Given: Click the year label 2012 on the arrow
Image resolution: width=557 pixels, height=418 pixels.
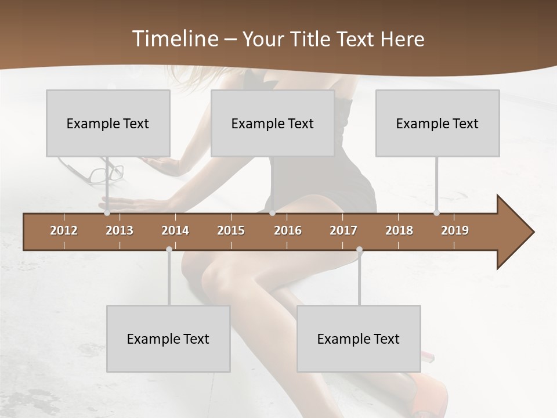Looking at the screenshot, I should click(64, 230).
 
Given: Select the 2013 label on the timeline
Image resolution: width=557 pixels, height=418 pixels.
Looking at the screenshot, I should click(120, 230).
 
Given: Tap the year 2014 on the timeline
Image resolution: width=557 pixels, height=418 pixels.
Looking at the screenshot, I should click(175, 230).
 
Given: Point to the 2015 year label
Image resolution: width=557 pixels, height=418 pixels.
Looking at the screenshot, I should click(231, 230).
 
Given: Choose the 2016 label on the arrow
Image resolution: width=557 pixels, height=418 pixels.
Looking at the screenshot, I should click(288, 230).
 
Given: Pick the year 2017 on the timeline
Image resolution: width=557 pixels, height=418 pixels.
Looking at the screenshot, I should click(343, 230).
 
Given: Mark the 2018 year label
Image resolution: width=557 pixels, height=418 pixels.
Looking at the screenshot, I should click(399, 230).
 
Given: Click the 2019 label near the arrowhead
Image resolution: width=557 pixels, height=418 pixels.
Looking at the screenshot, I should click(455, 230).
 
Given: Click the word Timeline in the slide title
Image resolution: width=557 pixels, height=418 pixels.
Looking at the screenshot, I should click(175, 39).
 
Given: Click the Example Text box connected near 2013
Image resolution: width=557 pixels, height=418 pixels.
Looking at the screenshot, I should click(108, 123).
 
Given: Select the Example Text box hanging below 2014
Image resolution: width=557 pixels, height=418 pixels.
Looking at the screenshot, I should click(168, 338).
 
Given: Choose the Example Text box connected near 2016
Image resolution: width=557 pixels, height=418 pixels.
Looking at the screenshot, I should click(273, 123).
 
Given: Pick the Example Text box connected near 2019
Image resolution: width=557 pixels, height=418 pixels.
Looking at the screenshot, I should click(437, 123).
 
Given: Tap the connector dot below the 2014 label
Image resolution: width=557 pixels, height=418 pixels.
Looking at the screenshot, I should click(169, 249).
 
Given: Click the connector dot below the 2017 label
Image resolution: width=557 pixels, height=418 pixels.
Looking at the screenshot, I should click(359, 249).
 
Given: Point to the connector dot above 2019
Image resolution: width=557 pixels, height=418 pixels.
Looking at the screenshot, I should click(436, 213).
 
